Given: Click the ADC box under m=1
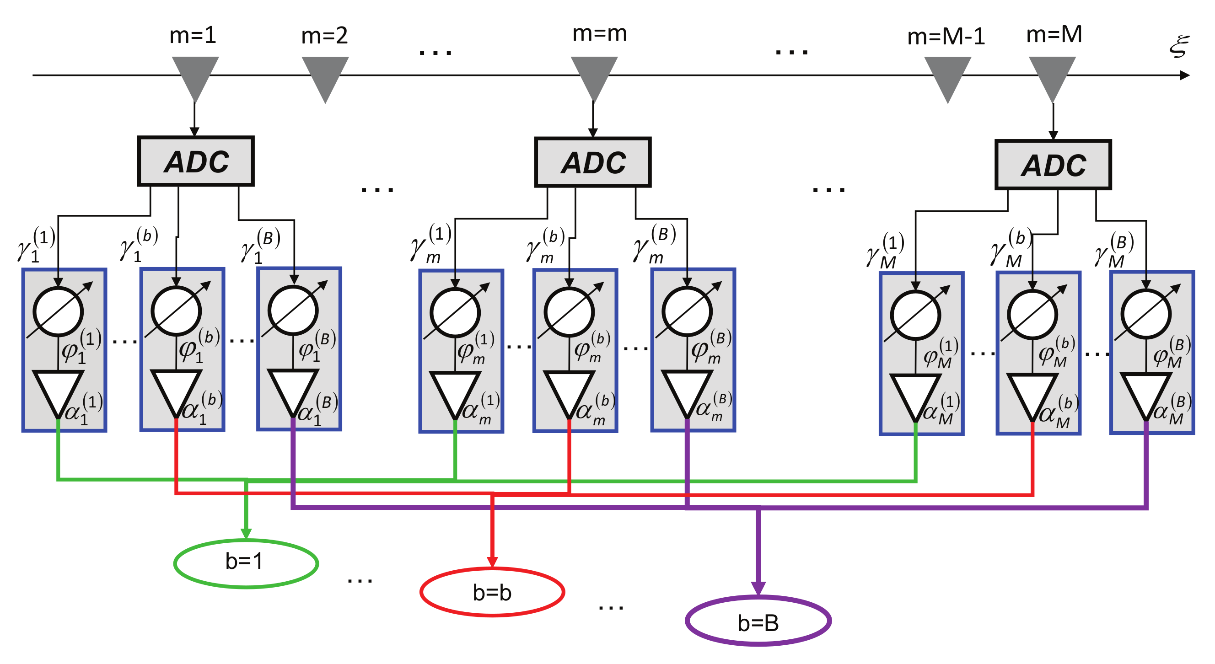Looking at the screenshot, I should click(x=196, y=161).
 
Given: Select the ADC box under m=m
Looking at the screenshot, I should click(x=593, y=162).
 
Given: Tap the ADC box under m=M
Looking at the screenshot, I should click(x=1053, y=165).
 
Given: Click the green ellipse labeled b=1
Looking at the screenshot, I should click(x=246, y=562).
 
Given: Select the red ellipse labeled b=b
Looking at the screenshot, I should click(x=492, y=592).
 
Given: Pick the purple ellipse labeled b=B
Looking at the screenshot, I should click(x=758, y=621).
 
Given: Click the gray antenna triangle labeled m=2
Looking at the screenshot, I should click(x=325, y=75).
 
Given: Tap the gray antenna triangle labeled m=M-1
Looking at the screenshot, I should click(x=947, y=75).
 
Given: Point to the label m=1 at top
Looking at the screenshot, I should click(x=193, y=35).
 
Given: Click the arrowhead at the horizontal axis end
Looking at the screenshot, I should click(x=1185, y=75).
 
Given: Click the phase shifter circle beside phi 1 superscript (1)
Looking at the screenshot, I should click(x=58, y=311).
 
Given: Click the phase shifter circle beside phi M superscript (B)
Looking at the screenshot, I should click(x=1145, y=314).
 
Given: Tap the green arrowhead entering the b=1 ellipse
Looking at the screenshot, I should click(x=246, y=533).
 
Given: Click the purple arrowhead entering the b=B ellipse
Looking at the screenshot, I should click(x=758, y=588).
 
